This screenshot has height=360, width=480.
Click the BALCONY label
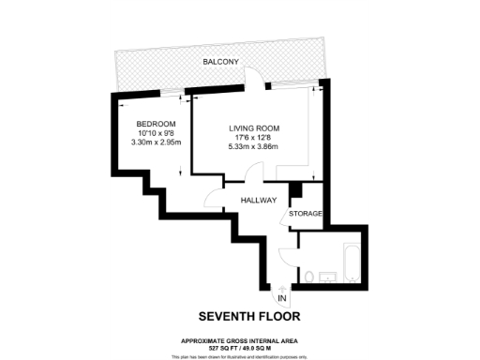click(222, 62)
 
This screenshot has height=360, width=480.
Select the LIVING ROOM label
click(255, 128)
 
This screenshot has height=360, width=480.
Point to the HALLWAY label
click(257, 201)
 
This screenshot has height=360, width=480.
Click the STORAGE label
click(306, 215)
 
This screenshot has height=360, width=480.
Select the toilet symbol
click(309, 276)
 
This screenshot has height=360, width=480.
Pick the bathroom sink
click(328, 277)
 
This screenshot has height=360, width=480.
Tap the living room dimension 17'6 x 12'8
click(255, 138)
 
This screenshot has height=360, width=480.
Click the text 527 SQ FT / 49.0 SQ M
click(245, 348)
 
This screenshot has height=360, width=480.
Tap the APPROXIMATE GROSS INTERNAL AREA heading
click(245, 340)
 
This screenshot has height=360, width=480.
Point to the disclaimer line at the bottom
click(245, 356)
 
